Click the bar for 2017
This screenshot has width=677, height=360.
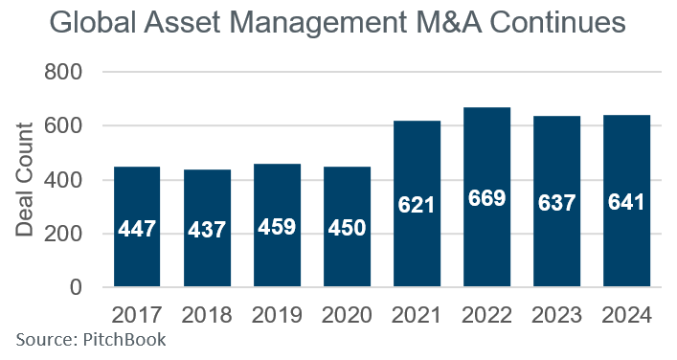pyautogui.click(x=137, y=227)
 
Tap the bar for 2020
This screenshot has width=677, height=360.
pyautogui.click(x=348, y=227)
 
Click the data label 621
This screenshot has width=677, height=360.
pyautogui.click(x=417, y=204)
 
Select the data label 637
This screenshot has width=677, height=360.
pyautogui.click(x=557, y=204)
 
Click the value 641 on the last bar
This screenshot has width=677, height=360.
pyautogui.click(x=627, y=204)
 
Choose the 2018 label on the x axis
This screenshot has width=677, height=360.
pyautogui.click(x=208, y=314)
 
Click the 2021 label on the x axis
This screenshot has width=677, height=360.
pyautogui.click(x=417, y=314)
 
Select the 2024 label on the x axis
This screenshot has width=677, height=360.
pyautogui.click(x=627, y=314)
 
